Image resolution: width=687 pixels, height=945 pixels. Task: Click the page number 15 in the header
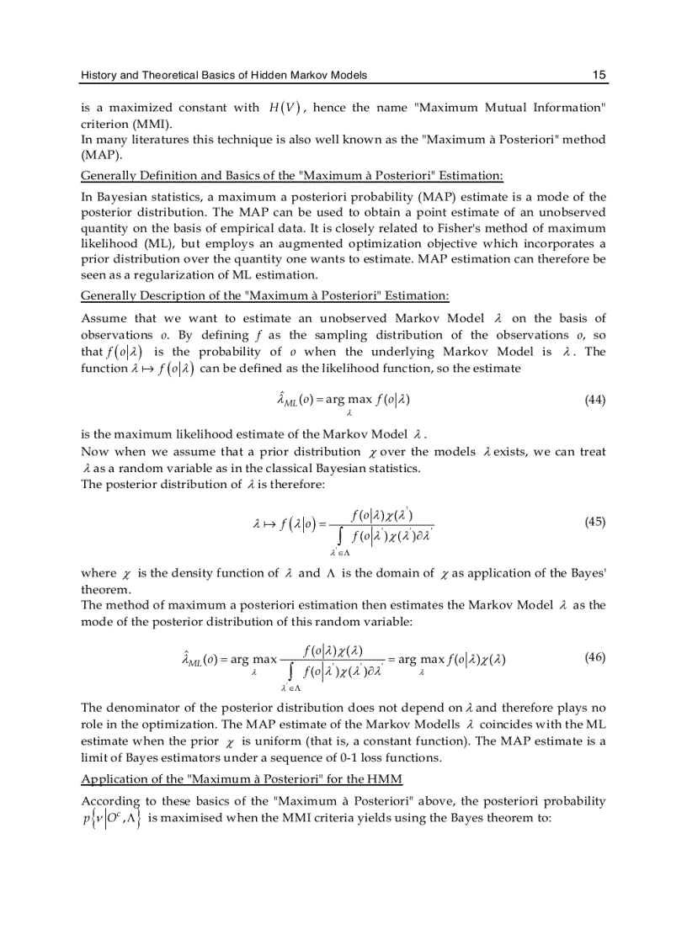(599, 75)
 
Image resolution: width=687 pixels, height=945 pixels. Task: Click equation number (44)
(594, 399)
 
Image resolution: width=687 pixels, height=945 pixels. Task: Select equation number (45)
(594, 521)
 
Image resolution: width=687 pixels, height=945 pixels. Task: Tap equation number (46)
(594, 657)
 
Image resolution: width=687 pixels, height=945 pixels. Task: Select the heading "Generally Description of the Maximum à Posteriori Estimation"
(264, 295)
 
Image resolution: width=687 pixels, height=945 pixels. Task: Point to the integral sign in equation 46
(290, 671)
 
